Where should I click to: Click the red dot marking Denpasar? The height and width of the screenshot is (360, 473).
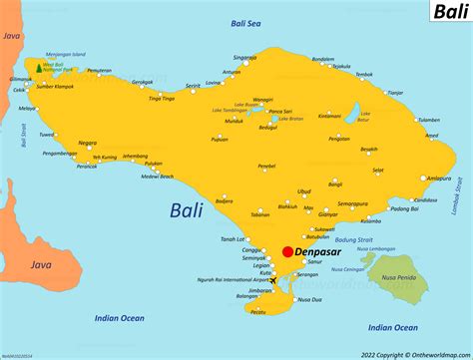287,252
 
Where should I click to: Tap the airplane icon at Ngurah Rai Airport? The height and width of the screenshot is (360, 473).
275,281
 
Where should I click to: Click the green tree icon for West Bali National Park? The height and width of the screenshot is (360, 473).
39,68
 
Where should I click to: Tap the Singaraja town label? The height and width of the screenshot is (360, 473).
243,58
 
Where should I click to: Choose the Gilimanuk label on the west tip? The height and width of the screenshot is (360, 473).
18,78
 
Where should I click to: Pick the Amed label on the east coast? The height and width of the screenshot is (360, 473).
428,119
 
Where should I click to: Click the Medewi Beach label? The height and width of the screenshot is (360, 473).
158,177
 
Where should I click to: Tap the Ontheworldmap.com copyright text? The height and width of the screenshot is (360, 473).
417,353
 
